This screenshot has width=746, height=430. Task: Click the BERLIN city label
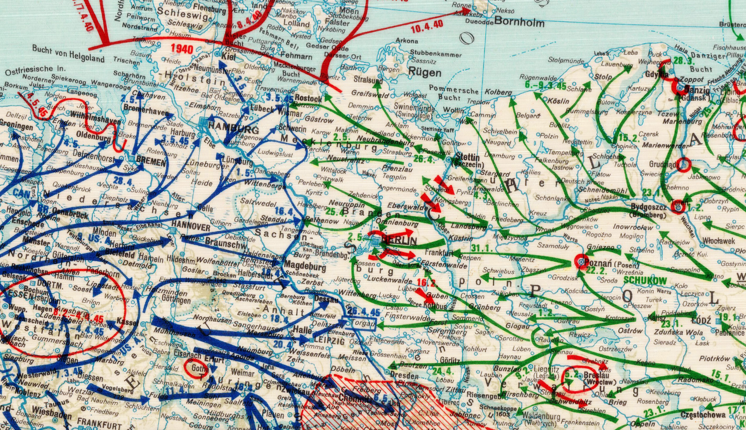click(399, 241)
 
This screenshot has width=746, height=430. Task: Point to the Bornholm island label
click(519, 22)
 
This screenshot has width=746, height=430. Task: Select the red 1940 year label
click(182, 49)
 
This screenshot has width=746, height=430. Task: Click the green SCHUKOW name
click(645, 281)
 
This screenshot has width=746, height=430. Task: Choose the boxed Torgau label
click(362, 323)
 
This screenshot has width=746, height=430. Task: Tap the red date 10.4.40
click(427, 27)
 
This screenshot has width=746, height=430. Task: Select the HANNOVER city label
click(191, 226)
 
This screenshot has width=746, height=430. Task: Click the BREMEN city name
click(150, 162)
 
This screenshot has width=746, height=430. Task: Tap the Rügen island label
click(425, 72)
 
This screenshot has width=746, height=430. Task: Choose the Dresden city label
click(404, 375)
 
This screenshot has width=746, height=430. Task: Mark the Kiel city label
click(228, 57)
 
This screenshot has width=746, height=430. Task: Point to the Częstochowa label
click(703, 415)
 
